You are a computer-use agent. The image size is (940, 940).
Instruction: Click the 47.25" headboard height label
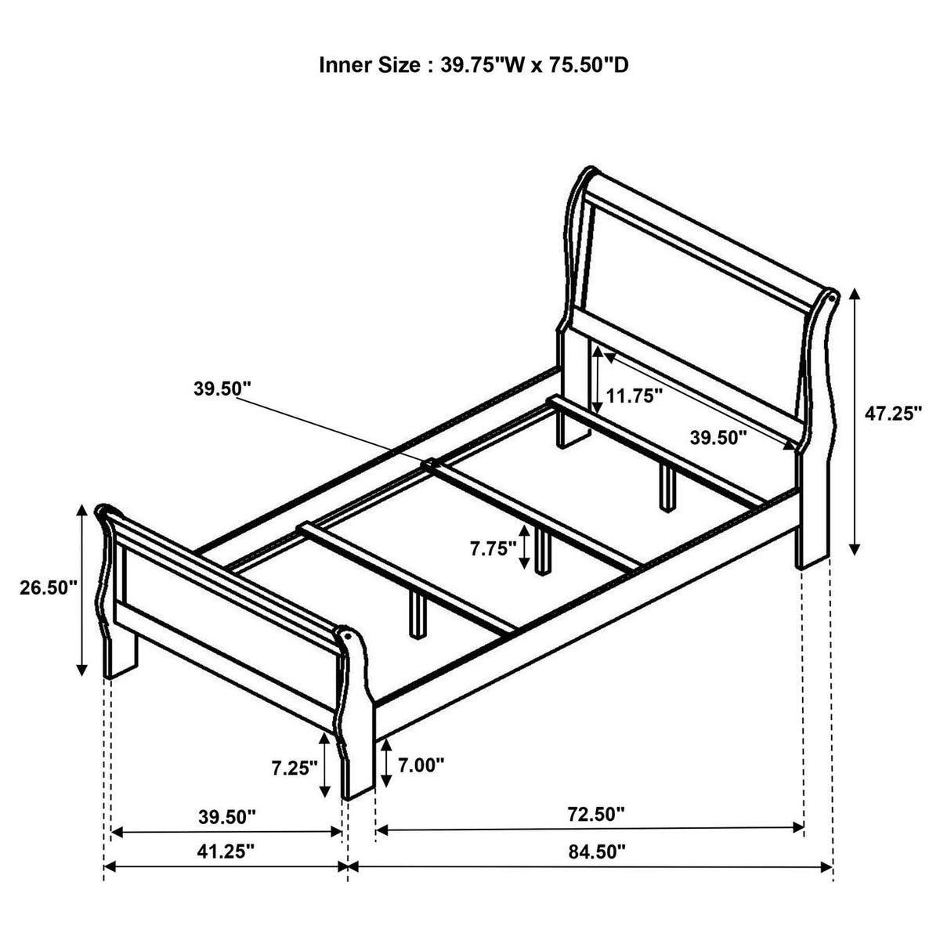(x=893, y=414)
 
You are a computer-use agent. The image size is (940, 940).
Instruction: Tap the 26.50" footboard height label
(x=49, y=587)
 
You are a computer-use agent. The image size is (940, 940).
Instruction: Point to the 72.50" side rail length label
(x=595, y=814)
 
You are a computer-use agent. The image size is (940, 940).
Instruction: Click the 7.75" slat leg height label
(x=493, y=549)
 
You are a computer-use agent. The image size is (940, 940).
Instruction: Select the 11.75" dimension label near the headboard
(x=634, y=396)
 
